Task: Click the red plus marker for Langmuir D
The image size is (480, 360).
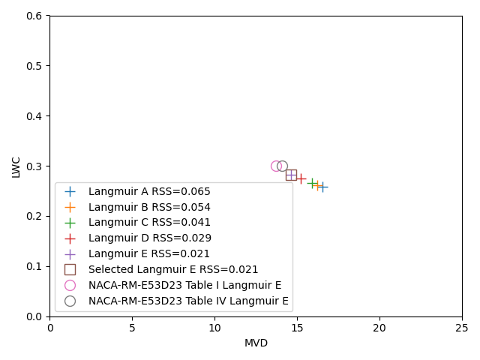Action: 301,178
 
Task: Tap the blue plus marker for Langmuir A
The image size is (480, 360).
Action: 322,187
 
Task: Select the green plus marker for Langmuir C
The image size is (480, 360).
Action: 312,183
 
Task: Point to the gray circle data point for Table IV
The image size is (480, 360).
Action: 282,166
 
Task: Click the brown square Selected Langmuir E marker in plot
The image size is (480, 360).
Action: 291,175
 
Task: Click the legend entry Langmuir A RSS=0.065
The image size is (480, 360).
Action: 149,191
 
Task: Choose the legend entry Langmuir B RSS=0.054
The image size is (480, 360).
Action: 149,207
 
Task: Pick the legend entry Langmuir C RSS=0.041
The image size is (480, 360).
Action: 149,223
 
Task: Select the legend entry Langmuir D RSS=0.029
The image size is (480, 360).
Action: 149,238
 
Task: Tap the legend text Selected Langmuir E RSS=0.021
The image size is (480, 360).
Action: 173,269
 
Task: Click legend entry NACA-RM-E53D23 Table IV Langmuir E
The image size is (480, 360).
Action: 188,301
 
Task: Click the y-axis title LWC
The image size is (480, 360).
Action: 16,166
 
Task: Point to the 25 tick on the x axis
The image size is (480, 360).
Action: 462,328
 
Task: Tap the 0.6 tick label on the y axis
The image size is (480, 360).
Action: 34,16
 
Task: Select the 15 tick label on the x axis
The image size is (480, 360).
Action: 297,328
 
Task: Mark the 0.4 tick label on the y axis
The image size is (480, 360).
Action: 34,116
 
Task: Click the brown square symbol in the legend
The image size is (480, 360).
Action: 70,269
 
